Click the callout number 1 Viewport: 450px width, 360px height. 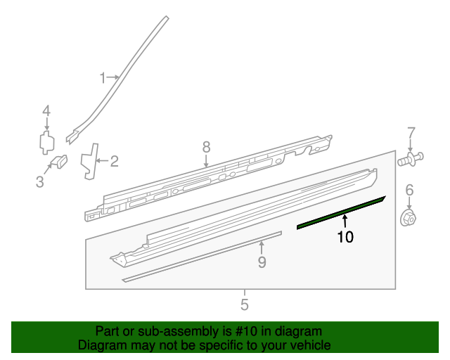pos(102,77)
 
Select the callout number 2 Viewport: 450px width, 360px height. pos(113,162)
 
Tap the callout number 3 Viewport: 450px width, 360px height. pos(40,183)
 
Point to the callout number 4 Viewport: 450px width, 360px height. pos(46,110)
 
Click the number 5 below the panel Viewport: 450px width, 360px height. pos(245,304)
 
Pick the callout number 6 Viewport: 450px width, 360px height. pos(409,190)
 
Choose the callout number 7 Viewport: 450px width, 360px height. pos(411,132)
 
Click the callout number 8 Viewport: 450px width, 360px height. pos(206,147)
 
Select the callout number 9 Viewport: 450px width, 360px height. pos(262,262)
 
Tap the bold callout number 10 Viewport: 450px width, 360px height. pos(345,238)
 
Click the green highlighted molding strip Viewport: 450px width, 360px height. pos(341,213)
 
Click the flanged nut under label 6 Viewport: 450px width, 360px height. pos(409,218)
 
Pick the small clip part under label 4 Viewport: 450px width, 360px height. pos(46,141)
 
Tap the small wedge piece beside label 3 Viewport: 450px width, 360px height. pos(60,160)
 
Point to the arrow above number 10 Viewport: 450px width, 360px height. pos(345,224)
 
